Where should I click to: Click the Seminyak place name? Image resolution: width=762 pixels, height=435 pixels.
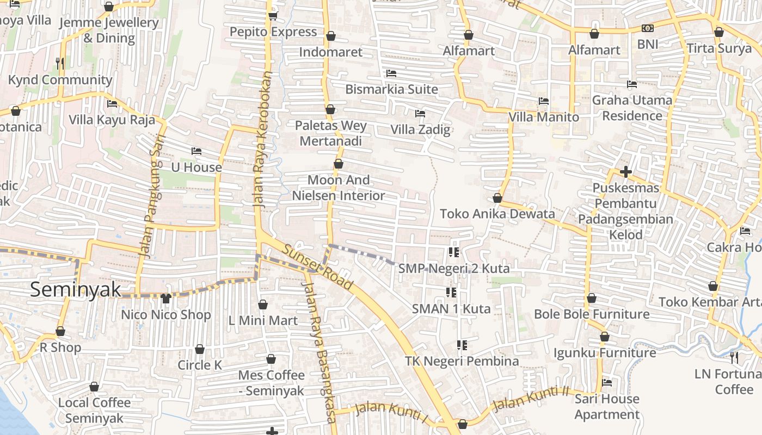pyautogui.click(x=76, y=290)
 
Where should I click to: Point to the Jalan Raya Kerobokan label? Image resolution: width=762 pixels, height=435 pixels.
pyautogui.click(x=262, y=140)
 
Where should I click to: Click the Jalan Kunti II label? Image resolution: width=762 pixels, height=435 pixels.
pyautogui.click(x=530, y=399)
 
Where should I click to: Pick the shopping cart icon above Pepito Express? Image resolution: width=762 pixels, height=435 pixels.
pyautogui.click(x=273, y=16)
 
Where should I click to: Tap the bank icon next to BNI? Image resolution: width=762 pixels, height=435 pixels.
pyautogui.click(x=647, y=28)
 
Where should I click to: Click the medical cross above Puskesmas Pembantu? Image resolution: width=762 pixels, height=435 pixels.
pyautogui.click(x=625, y=172)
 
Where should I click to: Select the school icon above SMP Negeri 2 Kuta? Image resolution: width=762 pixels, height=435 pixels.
pyautogui.click(x=453, y=252)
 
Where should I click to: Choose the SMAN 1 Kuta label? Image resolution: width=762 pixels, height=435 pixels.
pyautogui.click(x=451, y=309)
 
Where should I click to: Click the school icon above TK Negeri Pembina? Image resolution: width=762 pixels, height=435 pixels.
pyautogui.click(x=462, y=345)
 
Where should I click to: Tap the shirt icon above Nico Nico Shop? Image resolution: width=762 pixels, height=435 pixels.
pyautogui.click(x=166, y=298)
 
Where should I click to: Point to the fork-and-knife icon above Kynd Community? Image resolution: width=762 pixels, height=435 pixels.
pyautogui.click(x=60, y=64)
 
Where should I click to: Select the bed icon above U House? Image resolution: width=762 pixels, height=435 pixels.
pyautogui.click(x=196, y=151)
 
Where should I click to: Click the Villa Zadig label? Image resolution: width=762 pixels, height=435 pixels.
pyautogui.click(x=420, y=129)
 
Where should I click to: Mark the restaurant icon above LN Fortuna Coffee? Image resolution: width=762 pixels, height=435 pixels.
pyautogui.click(x=734, y=357)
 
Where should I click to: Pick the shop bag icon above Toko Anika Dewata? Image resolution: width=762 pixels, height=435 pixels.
pyautogui.click(x=497, y=198)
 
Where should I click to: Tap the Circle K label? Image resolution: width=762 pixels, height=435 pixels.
pyautogui.click(x=200, y=365)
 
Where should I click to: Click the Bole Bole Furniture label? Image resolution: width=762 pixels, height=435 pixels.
pyautogui.click(x=592, y=314)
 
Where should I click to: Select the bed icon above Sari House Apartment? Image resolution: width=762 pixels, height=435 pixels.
pyautogui.click(x=607, y=383)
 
